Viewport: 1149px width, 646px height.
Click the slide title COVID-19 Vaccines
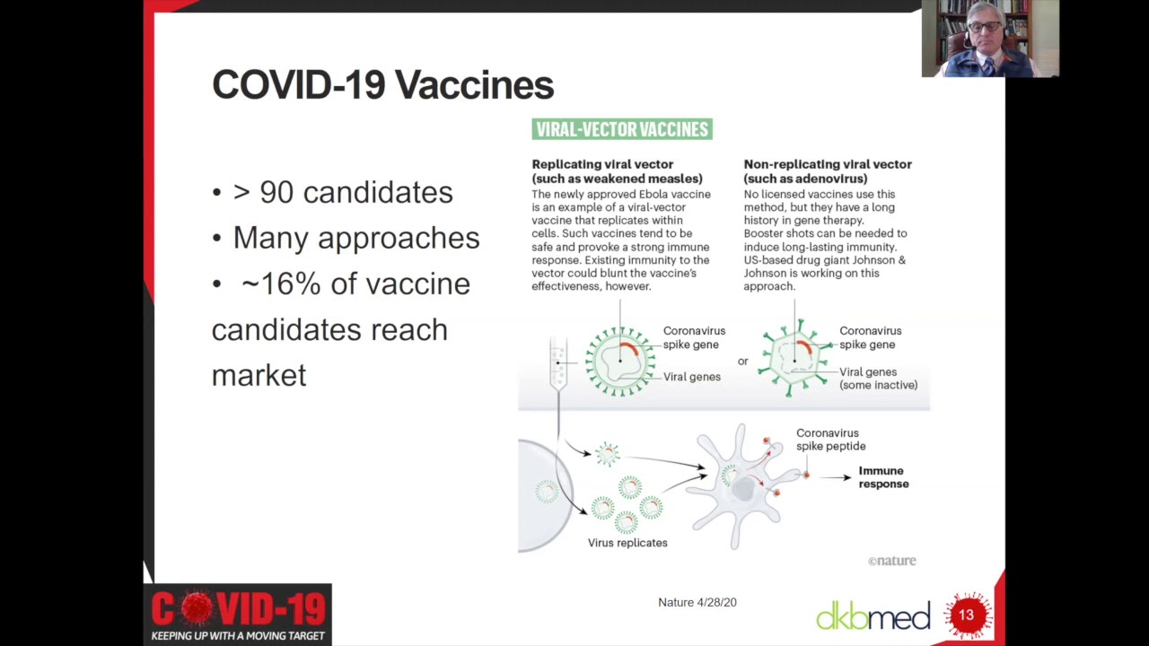pos(382,84)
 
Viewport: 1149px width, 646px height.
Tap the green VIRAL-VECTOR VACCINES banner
pos(622,129)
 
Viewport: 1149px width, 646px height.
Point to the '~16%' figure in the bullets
pos(281,284)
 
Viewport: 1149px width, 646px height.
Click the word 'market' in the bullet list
pos(259,375)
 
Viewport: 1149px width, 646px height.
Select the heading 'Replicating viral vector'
pos(602,164)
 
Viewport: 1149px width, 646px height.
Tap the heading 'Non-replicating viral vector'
pos(828,164)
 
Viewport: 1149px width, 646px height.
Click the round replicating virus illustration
pos(620,362)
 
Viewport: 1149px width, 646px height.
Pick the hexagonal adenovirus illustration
pos(795,358)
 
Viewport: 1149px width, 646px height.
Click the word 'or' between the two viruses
pos(742,362)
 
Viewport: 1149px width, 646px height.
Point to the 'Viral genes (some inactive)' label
pos(878,379)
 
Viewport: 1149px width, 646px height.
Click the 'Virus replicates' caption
pos(627,543)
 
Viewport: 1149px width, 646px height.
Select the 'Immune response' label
pos(883,477)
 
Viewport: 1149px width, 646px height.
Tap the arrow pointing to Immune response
pos(835,477)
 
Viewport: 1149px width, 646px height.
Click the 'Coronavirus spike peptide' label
pos(830,440)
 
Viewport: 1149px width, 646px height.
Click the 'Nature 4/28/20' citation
pos(697,602)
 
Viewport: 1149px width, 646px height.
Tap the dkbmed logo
pos(873,615)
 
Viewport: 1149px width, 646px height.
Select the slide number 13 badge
pos(967,615)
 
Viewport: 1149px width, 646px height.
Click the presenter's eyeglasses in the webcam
pos(985,26)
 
